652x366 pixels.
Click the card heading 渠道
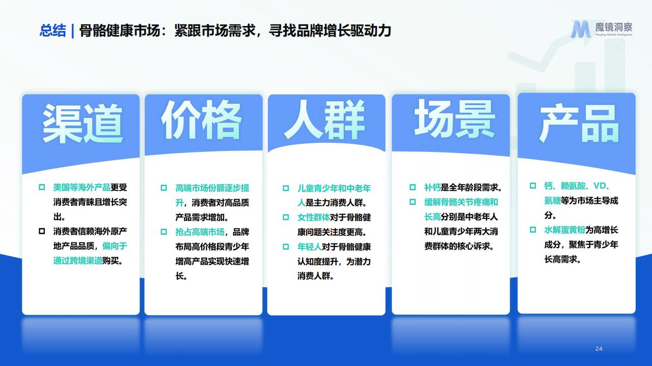[83, 124]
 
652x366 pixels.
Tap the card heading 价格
[201, 119]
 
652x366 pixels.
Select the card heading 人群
[324, 119]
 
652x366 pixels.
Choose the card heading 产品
[579, 123]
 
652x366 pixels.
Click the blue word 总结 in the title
[52, 30]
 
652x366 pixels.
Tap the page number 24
[599, 349]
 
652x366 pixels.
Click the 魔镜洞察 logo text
[614, 27]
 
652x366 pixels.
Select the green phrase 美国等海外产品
[82, 188]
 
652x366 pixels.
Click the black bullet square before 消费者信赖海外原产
[42, 231]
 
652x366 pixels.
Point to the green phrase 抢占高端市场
[200, 232]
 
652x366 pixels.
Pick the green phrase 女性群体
[313, 217]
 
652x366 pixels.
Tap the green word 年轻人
[309, 247]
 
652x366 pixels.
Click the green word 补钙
[432, 188]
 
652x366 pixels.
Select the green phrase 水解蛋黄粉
[565, 230]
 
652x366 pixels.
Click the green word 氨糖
[553, 200]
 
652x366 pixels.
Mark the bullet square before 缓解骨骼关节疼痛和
[413, 202]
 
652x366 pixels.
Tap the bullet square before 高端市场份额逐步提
[164, 188]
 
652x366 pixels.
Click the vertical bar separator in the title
[72, 31]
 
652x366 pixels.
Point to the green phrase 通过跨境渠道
[78, 261]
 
